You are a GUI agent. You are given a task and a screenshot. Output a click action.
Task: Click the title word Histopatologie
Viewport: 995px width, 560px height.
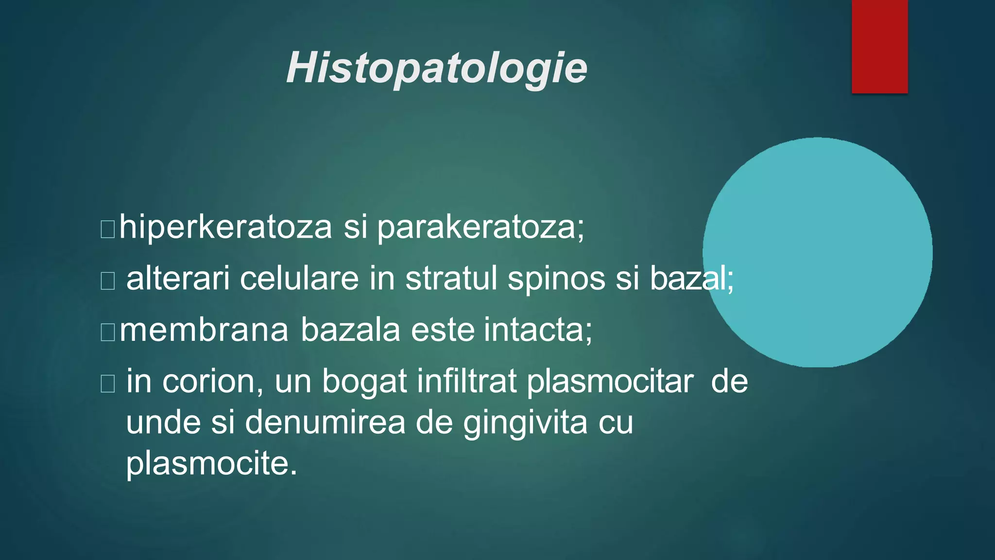[437, 69]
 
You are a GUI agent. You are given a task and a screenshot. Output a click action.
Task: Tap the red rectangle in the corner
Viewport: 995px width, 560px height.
[879, 46]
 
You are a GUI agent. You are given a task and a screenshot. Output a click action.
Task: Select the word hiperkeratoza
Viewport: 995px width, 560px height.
[226, 227]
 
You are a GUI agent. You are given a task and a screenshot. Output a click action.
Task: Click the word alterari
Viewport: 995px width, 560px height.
[178, 279]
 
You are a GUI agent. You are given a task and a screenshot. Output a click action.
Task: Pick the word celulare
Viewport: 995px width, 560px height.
[299, 279]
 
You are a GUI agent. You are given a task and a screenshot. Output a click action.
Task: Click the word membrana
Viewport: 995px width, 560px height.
[204, 330]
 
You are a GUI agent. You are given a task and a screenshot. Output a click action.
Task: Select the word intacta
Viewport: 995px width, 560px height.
[537, 330]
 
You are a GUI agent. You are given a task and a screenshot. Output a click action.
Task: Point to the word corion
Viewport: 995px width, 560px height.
[213, 382]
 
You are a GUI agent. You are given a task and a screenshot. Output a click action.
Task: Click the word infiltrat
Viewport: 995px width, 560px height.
[466, 382]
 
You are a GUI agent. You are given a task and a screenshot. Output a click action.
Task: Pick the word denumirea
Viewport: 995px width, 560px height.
[325, 422]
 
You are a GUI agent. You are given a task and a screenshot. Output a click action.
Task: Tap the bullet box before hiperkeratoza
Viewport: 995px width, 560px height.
[107, 229]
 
